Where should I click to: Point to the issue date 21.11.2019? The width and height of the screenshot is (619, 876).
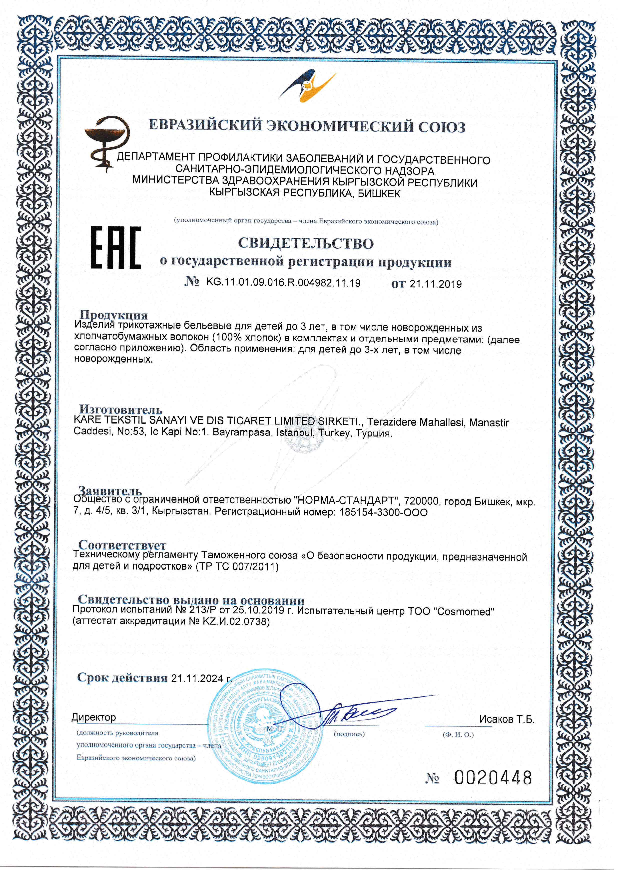(436, 284)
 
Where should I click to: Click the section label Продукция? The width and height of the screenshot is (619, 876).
(113, 315)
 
